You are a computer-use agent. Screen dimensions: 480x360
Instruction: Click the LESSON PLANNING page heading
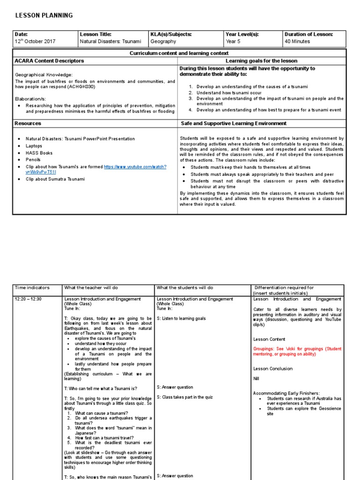click(44, 15)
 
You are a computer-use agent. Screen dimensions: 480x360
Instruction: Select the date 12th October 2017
click(35, 41)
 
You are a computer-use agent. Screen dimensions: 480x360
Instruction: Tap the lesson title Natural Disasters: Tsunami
click(110, 41)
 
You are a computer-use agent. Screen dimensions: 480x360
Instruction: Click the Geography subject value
click(163, 41)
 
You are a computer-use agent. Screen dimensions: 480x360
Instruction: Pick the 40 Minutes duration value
click(297, 41)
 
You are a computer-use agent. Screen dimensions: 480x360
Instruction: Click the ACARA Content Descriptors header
click(49, 61)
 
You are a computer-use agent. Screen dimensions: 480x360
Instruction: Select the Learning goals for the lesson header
click(261, 61)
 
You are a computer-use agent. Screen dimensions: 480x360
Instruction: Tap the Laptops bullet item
click(34, 146)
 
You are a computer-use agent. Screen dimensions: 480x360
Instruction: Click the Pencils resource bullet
click(33, 160)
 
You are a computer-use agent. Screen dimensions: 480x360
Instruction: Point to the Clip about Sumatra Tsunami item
click(55, 179)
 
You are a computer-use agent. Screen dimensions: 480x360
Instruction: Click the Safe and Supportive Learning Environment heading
click(233, 123)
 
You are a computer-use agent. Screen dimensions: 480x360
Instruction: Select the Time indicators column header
click(32, 287)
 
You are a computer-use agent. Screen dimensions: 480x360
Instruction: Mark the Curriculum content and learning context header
click(179, 53)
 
